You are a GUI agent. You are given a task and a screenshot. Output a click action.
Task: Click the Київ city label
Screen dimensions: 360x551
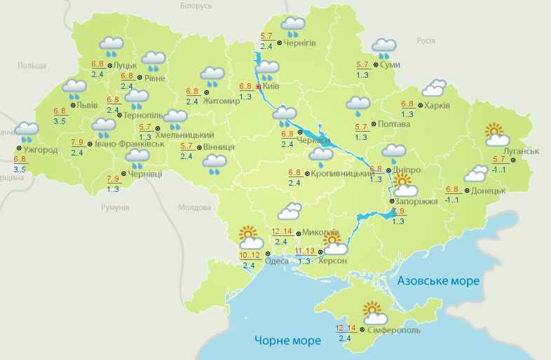pos(271,87)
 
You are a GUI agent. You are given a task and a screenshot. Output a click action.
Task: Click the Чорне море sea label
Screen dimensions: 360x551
pos(287,340)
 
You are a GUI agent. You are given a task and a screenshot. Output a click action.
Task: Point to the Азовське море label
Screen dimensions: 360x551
pos(439,281)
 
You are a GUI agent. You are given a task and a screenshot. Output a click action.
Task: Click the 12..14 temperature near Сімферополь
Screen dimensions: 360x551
pos(346,328)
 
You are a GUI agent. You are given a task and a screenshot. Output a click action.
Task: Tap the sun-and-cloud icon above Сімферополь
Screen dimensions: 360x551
pos(372,311)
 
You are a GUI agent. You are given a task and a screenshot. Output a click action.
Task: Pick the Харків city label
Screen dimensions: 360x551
pos(437,106)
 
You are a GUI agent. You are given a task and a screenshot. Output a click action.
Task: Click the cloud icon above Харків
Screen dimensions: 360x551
pos(434,88)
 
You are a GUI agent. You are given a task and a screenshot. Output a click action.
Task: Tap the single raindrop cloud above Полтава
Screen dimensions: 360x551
pos(358,106)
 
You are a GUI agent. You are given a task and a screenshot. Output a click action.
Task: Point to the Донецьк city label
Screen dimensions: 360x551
pos(488,190)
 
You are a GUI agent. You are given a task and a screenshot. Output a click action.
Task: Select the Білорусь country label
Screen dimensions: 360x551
pos(196,6)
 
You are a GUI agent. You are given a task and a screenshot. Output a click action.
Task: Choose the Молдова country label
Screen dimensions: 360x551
pos(194,208)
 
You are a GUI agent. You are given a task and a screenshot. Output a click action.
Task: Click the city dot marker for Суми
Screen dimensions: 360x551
pos(376,65)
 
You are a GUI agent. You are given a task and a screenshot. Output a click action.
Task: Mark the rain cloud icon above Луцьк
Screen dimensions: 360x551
pos(112,46)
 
